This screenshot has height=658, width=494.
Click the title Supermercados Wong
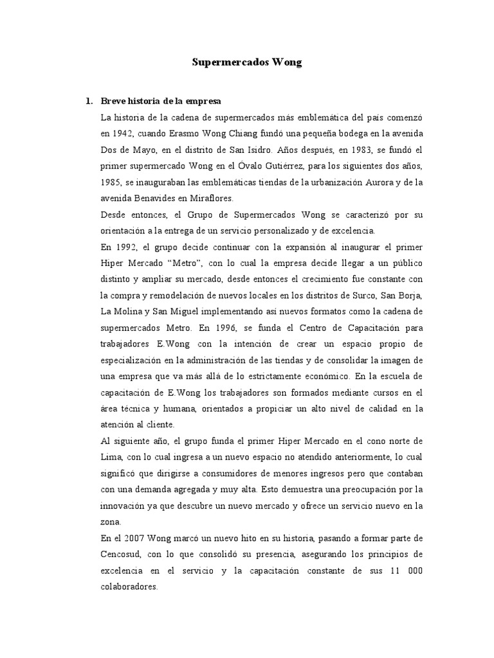[x=247, y=63]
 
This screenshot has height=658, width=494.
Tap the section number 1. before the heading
[x=89, y=102]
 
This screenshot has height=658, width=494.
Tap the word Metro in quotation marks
[x=203, y=263]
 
